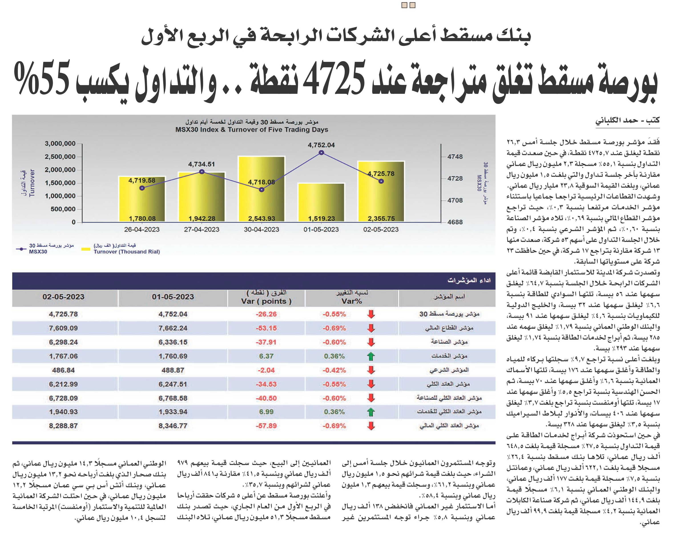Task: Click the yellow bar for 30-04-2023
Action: point(261,189)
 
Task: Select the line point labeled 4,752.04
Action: point(321,153)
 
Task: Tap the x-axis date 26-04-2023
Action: point(142,230)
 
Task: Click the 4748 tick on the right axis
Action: point(455,157)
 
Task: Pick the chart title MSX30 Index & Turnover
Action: point(252,129)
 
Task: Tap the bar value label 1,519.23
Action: point(321,219)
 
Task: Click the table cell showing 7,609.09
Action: point(63,328)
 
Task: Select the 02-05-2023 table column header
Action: point(63,297)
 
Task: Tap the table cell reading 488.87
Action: point(173,370)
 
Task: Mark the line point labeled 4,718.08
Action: point(262,189)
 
